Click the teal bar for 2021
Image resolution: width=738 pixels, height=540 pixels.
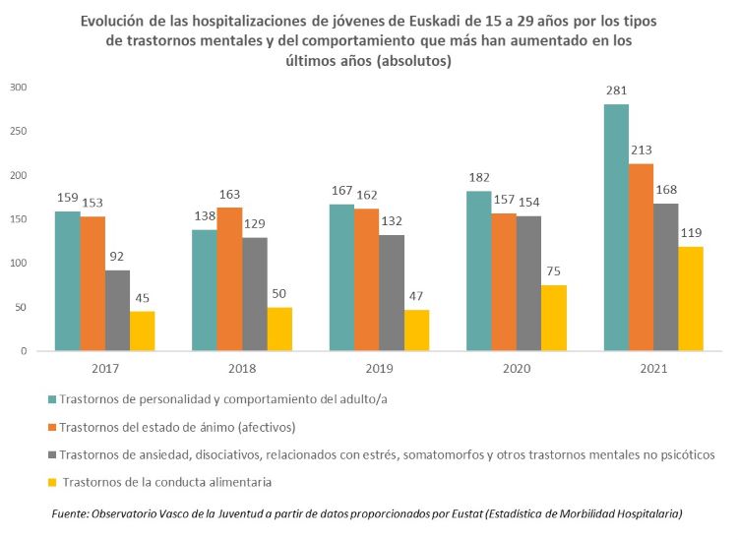coord(615,227)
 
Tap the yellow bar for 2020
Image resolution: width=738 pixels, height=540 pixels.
coord(554,318)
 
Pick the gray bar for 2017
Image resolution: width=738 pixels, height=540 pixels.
coord(117,310)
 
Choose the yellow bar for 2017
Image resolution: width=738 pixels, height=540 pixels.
coord(143,330)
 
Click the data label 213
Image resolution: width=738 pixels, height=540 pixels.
coord(642,152)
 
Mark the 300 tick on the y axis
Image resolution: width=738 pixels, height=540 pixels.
coord(18,87)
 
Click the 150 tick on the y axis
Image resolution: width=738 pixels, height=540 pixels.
coord(18,218)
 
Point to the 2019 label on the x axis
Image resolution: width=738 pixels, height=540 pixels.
coord(378,369)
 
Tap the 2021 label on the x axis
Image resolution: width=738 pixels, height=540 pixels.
coord(652,369)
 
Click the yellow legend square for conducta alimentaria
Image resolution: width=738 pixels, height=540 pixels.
coord(51,482)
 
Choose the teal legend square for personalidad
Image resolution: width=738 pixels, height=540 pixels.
coord(51,400)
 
